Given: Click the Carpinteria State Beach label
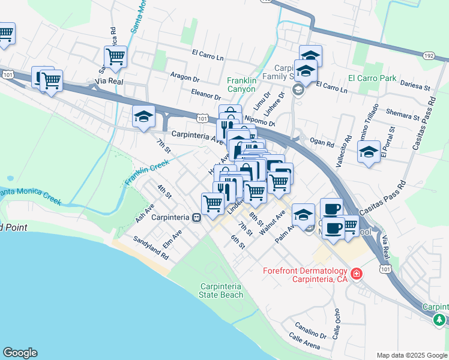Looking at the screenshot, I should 222,290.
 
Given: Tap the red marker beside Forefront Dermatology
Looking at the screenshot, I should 357,274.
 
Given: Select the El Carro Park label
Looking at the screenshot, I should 372,78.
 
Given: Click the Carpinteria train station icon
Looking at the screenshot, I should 196,217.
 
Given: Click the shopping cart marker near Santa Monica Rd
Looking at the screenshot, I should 115,58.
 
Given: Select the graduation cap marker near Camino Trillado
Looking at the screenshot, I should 369,152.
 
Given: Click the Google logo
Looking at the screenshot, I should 20,353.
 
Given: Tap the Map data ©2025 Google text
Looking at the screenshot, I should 411,355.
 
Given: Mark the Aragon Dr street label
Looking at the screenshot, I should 184,78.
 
